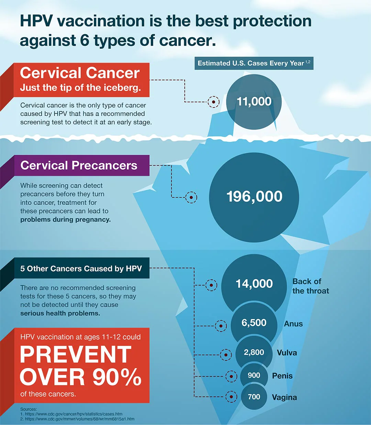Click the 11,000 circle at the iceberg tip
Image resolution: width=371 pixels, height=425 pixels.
coord(254,102)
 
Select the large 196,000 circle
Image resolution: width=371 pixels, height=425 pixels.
coord(254,197)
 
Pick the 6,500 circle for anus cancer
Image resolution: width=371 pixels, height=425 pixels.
coord(254,323)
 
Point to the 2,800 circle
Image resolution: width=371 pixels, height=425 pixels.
coord(254,353)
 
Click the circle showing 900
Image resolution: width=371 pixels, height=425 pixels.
coord(254,376)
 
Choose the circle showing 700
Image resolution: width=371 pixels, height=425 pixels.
coord(254,397)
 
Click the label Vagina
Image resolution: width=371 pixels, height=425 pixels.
coord(284,398)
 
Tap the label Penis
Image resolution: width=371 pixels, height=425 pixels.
coord(282,376)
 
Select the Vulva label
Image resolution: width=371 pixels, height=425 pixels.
coord(287,353)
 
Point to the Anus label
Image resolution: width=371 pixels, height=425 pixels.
coord(293,324)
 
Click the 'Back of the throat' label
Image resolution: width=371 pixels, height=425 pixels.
coord(311,286)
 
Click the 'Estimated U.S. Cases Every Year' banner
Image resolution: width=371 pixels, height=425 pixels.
coord(254,64)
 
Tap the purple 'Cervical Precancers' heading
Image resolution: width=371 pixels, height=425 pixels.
coord(79,166)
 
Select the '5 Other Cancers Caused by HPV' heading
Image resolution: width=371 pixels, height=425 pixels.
coord(81,269)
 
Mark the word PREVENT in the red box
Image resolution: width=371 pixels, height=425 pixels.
coord(76,355)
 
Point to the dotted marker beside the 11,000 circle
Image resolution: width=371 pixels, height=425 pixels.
coord(214,102)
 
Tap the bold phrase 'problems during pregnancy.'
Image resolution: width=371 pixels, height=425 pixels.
coord(65,220)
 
